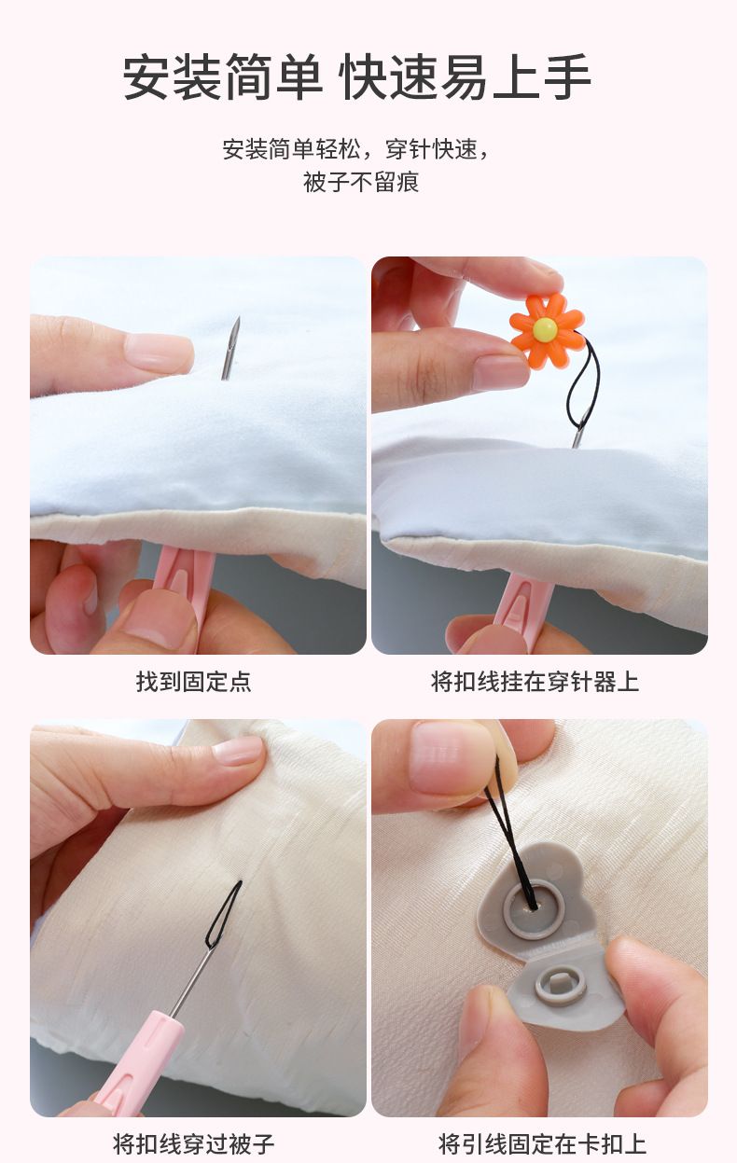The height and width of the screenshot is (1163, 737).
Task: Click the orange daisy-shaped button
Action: pyautogui.click(x=547, y=330)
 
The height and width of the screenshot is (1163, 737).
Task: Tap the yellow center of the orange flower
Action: pyautogui.click(x=544, y=327)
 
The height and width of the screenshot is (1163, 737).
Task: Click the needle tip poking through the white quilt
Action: pyautogui.click(x=237, y=319)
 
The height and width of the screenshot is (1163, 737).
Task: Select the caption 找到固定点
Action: pyautogui.click(x=194, y=682)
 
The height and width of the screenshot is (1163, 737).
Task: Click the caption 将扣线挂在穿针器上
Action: pyautogui.click(x=535, y=682)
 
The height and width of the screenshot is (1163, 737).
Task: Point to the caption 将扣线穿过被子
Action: pyautogui.click(x=194, y=1143)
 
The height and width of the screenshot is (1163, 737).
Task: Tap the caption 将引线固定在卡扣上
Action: pyautogui.click(x=542, y=1143)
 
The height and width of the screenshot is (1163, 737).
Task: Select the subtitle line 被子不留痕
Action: pyautogui.click(x=361, y=182)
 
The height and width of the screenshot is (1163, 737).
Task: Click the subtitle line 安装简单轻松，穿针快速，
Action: pyautogui.click(x=357, y=149)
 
